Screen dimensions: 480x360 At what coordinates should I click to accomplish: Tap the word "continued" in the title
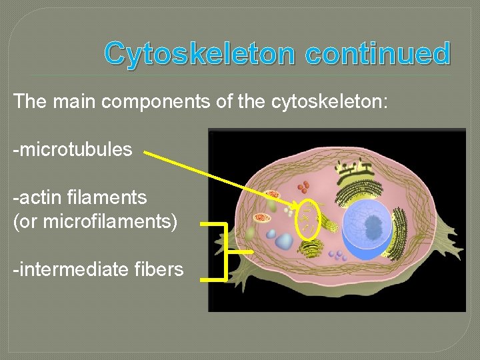(378, 53)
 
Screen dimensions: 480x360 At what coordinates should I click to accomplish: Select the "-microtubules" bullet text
(73, 149)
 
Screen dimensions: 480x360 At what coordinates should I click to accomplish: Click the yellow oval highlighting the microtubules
(309, 218)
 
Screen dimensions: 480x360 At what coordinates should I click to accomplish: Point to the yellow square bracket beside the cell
(225, 252)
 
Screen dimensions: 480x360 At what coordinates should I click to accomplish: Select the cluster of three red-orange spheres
(304, 187)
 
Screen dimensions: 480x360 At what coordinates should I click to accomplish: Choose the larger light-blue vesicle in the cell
(285, 241)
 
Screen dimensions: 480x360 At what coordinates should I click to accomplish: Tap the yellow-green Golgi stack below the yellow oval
(311, 249)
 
